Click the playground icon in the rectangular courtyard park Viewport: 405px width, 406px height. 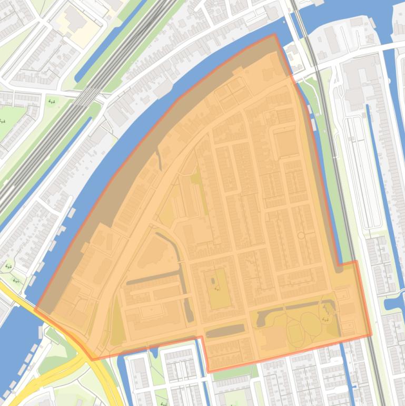(x=218, y=288)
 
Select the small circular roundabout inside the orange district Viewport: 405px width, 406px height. (x=301, y=236)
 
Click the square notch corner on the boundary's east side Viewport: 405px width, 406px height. (x=339, y=263)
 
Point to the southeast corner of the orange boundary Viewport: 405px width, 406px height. (x=371, y=335)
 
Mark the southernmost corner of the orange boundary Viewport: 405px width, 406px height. (x=208, y=372)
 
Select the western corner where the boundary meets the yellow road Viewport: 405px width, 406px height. (x=35, y=308)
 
